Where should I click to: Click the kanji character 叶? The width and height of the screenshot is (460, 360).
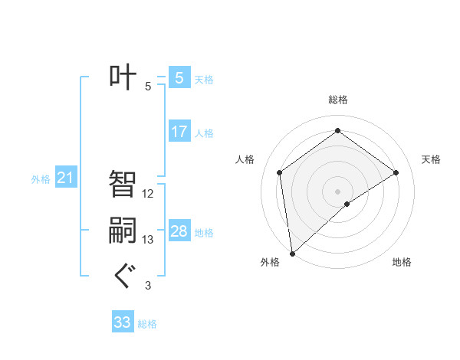(x=123, y=77)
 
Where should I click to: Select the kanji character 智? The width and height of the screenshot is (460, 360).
(x=123, y=185)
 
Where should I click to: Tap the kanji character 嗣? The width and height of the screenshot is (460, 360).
(x=123, y=231)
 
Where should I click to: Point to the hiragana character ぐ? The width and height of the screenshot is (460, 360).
(x=123, y=275)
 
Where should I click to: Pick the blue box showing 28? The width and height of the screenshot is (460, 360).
(x=179, y=231)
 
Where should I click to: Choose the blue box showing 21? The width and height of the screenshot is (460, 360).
(x=66, y=178)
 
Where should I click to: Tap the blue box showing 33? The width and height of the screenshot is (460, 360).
(x=123, y=322)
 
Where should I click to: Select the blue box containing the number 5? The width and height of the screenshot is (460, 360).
(x=179, y=77)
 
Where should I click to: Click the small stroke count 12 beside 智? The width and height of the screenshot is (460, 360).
(x=148, y=194)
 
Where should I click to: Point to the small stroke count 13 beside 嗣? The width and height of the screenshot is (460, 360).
(x=148, y=240)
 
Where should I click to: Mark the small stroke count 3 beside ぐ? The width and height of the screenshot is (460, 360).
(x=148, y=286)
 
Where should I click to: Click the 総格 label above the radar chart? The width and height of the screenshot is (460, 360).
(x=338, y=100)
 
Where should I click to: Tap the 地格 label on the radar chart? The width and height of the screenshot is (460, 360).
(x=402, y=262)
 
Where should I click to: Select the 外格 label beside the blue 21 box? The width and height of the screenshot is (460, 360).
(x=41, y=179)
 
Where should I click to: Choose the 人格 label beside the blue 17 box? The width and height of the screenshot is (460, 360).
(x=204, y=133)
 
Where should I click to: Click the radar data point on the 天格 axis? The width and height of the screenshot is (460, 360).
(x=396, y=172)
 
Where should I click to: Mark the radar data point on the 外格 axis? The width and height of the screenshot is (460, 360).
(x=292, y=253)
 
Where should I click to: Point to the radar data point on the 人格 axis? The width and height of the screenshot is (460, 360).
(x=280, y=172)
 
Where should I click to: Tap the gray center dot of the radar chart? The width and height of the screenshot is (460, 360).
(x=338, y=191)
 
